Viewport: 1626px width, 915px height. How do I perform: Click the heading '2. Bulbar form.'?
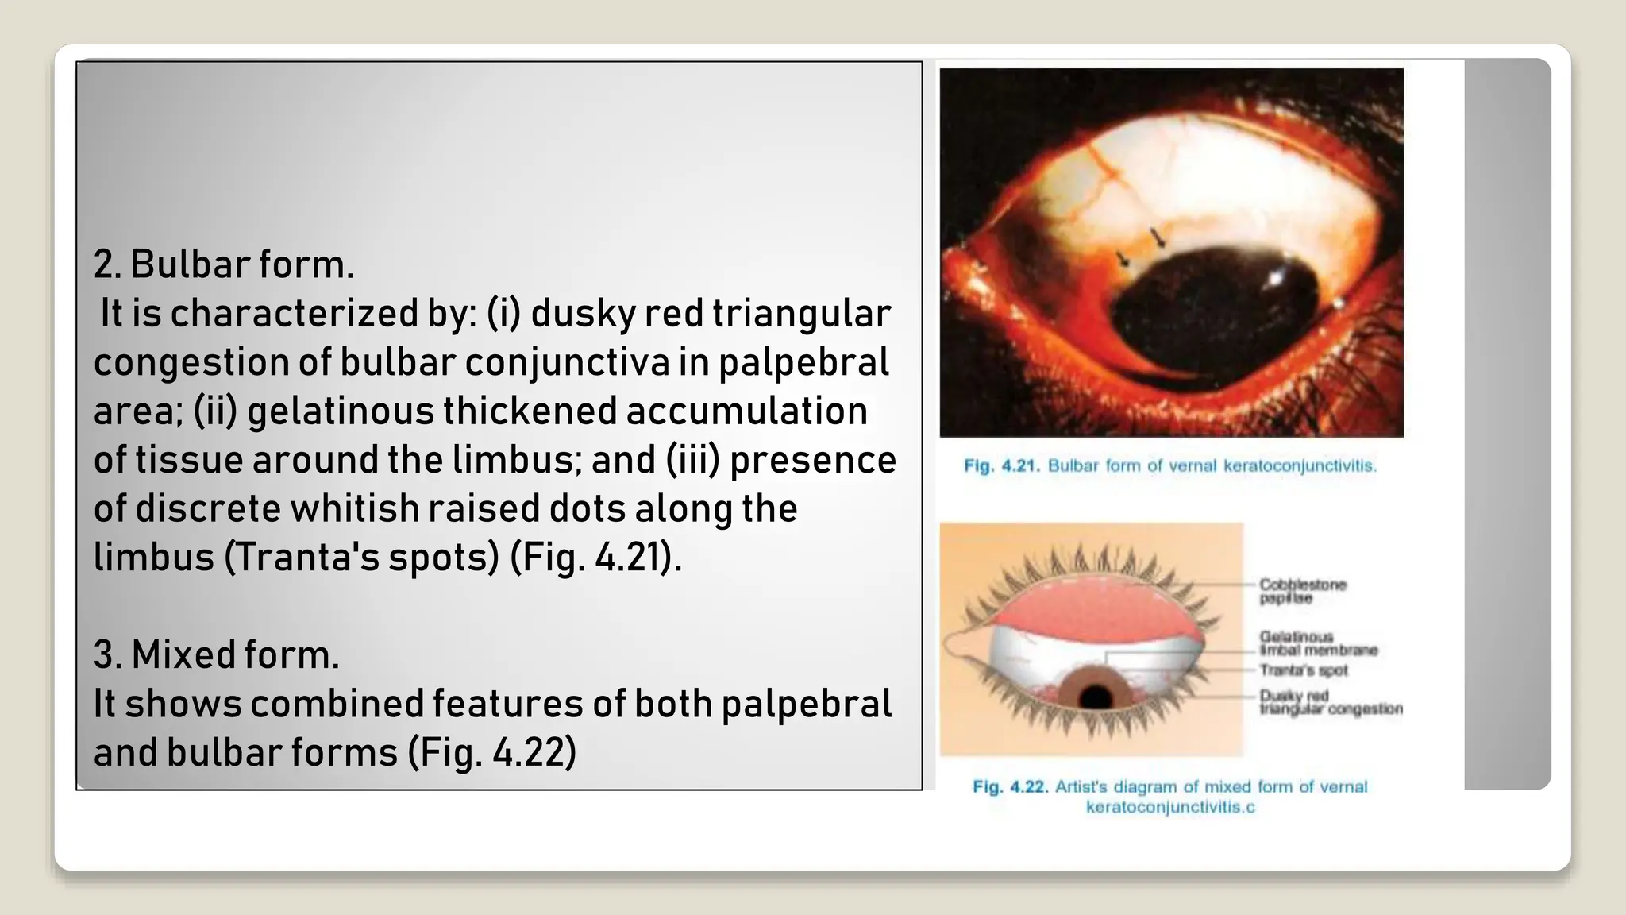coord(223,264)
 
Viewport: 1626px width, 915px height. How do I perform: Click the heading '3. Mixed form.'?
coord(216,655)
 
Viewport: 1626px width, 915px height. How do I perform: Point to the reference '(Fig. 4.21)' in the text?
coord(595,558)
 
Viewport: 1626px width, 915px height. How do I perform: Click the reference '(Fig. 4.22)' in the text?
coord(491,753)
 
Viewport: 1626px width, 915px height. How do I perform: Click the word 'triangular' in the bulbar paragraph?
coord(801,314)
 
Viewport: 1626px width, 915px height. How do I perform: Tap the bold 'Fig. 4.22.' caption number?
coord(1010,787)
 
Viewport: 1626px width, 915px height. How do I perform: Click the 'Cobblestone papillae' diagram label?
coord(1302,591)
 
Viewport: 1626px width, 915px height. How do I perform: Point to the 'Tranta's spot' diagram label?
coord(1303,671)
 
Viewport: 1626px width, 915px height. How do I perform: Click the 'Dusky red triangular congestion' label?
coord(1330,702)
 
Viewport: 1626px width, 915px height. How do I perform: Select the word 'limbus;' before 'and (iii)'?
coord(517,461)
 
